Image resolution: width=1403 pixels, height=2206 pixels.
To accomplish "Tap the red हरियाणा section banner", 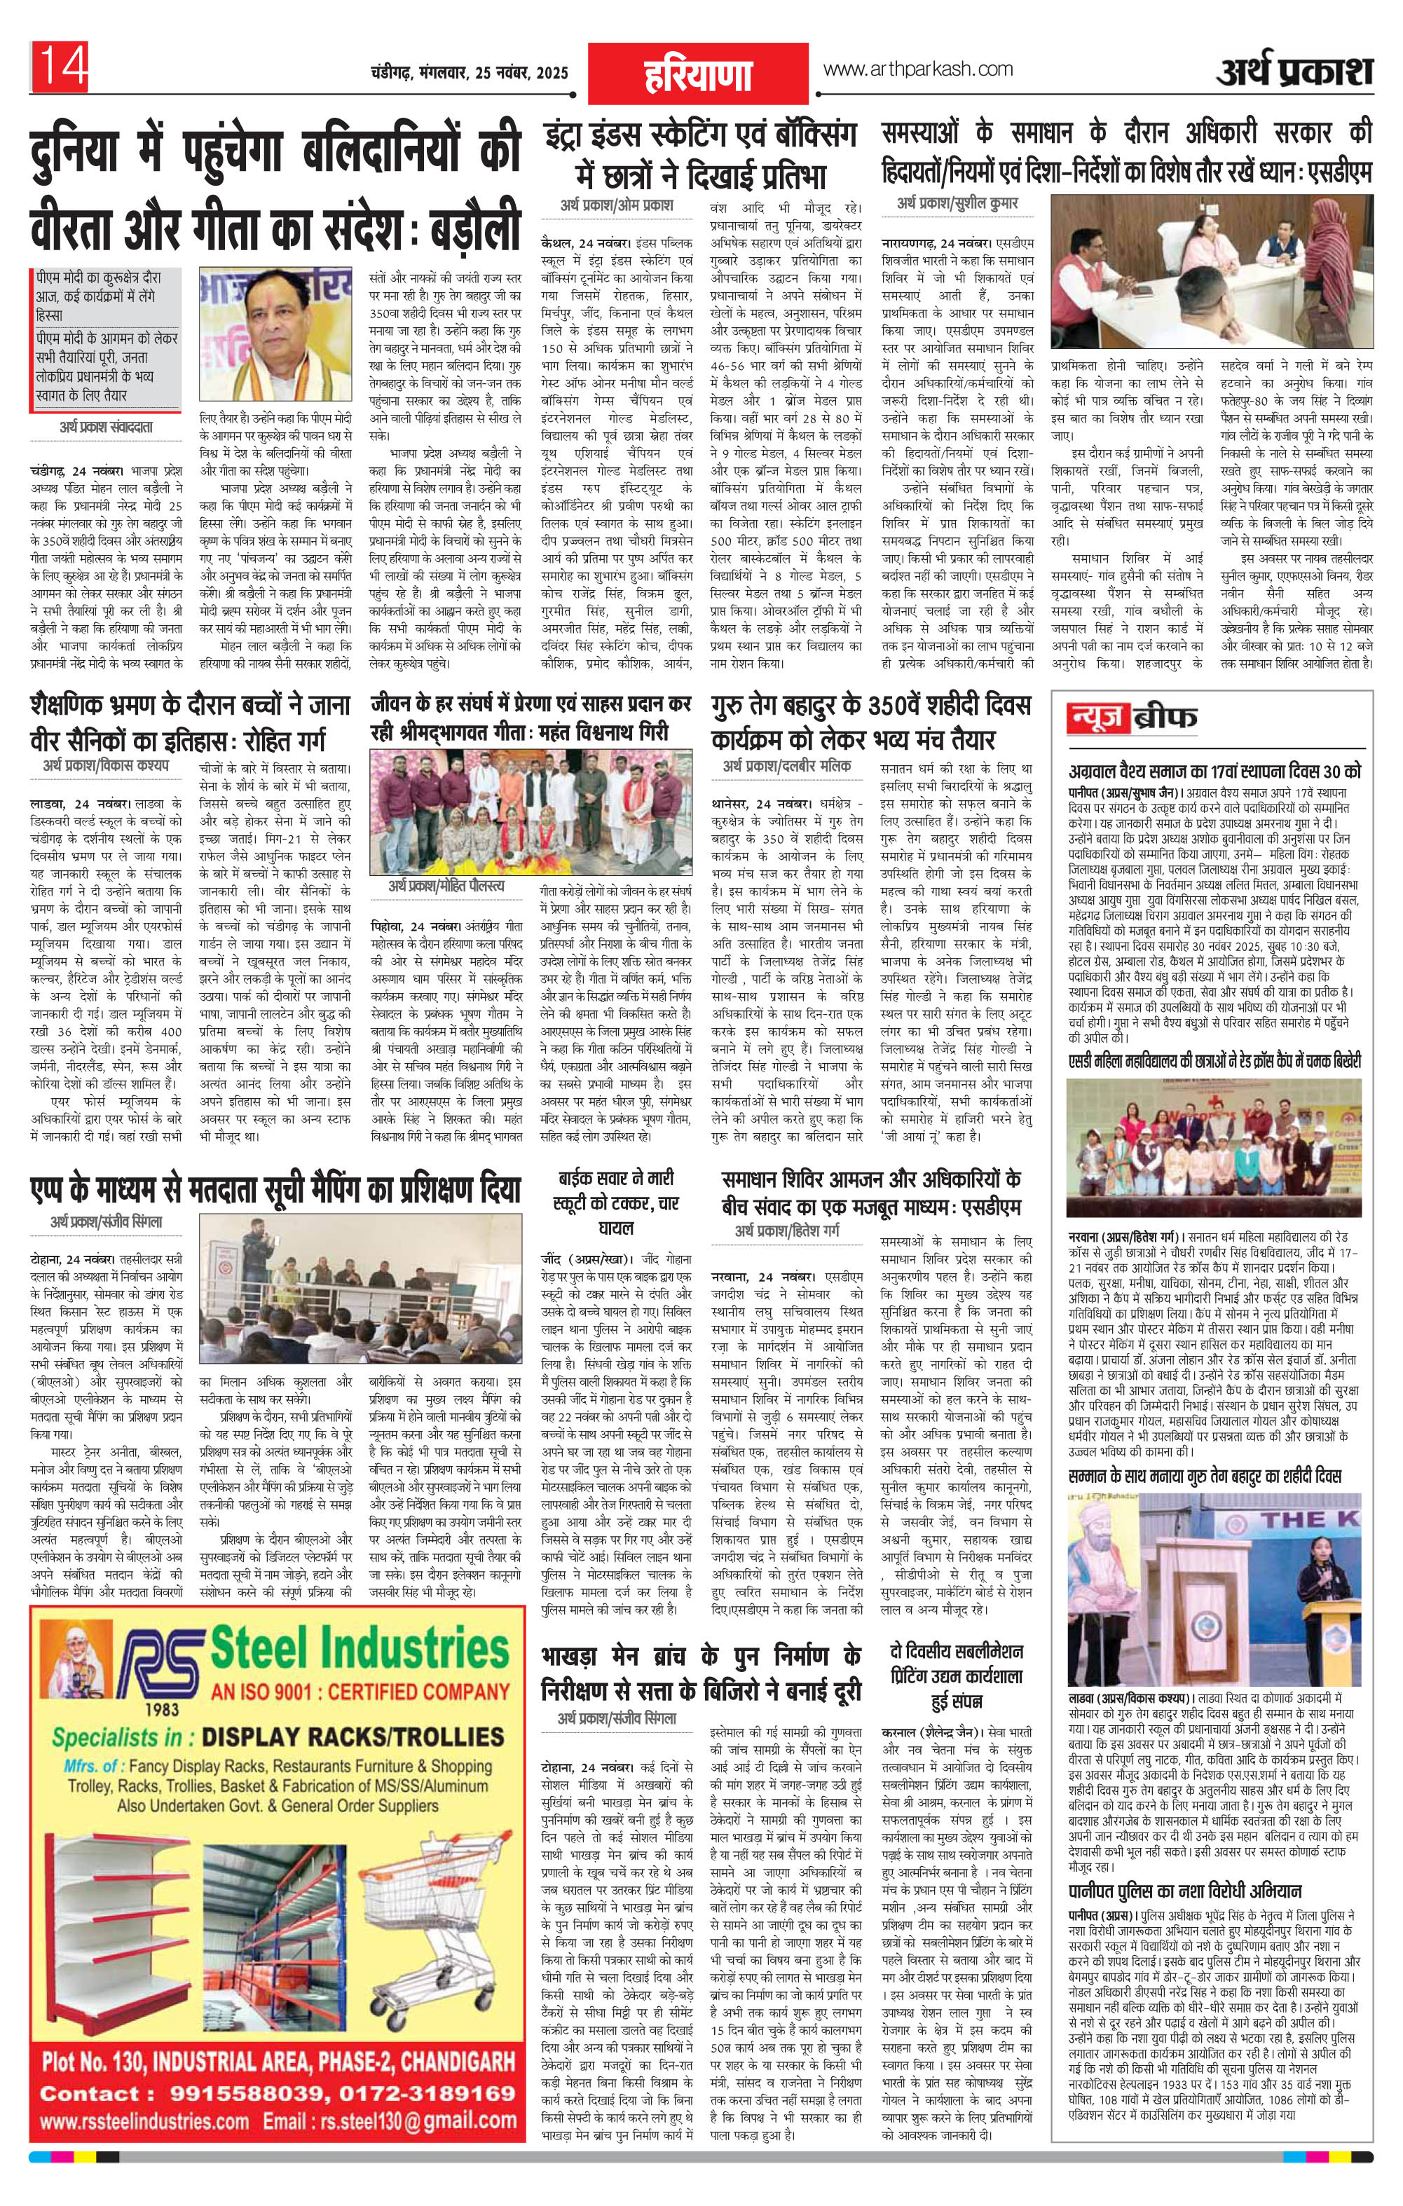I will point(697,74).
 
